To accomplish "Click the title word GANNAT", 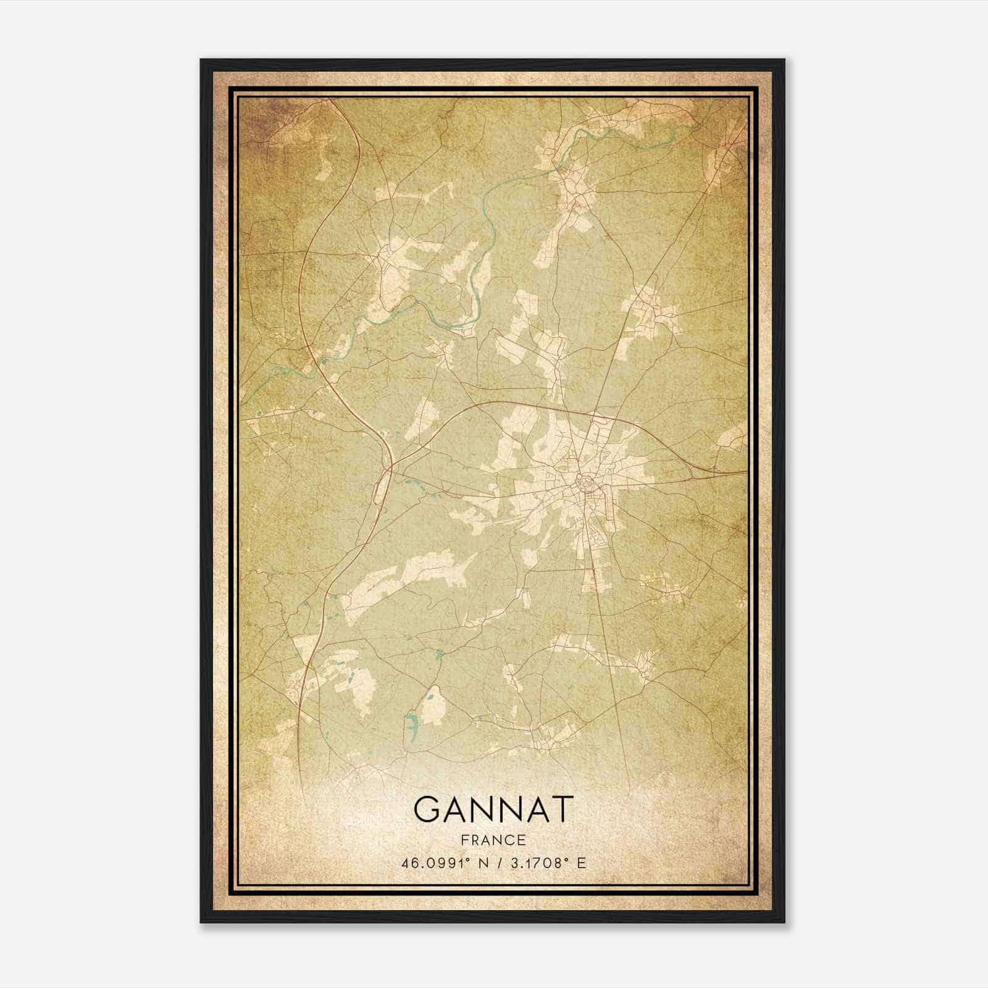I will click(x=493, y=809).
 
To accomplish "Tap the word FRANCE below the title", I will click(x=493, y=840).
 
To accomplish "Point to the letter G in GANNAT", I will click(x=428, y=809).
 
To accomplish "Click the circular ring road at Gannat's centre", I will click(x=582, y=480).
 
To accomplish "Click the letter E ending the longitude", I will click(x=580, y=863).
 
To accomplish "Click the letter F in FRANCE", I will click(x=463, y=840).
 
